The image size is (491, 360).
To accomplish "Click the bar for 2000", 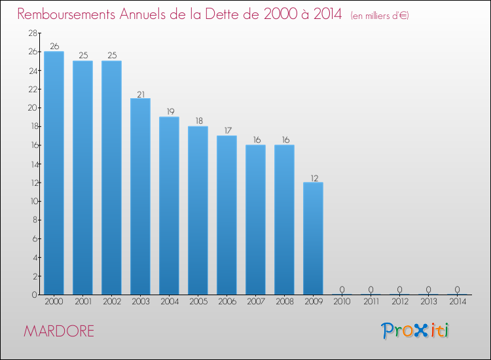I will (x=54, y=173).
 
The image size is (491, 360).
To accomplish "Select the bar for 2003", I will (x=140, y=196).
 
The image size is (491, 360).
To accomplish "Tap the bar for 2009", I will (x=313, y=238).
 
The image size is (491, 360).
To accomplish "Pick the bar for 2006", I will (x=227, y=215).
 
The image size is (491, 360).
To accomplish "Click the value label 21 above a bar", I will (x=140, y=93).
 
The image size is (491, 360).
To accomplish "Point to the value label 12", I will (x=313, y=177).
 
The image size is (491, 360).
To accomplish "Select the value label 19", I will (x=169, y=111).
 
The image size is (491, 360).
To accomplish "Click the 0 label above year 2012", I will (x=399, y=289).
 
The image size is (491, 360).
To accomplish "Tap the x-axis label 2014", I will (x=457, y=303).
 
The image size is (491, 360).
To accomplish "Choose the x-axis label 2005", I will (x=198, y=303).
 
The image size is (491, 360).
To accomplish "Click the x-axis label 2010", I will (x=342, y=303).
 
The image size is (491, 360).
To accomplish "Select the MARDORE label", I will (x=59, y=331).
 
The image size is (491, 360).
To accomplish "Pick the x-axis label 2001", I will (x=82, y=303).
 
